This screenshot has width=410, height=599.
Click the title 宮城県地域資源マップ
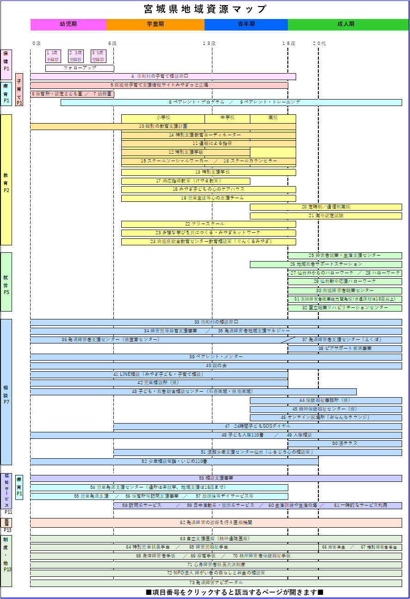click(205, 9)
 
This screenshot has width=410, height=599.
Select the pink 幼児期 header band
click(68, 25)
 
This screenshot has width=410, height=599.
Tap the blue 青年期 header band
click(246, 25)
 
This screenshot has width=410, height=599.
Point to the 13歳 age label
click(209, 44)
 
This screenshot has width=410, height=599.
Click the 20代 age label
click(319, 44)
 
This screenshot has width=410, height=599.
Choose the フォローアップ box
click(80, 68)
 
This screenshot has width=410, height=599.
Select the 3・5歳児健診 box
click(99, 56)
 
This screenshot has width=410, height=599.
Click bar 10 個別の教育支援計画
click(163, 126)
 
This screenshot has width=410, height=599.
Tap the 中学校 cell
click(227, 118)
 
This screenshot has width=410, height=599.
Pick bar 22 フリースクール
click(208, 224)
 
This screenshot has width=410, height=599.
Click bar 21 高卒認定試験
click(326, 216)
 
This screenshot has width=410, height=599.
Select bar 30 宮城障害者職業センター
click(345, 291)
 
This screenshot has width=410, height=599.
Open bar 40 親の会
click(216, 366)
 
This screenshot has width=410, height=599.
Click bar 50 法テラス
click(345, 443)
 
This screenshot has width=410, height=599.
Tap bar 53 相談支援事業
click(216, 478)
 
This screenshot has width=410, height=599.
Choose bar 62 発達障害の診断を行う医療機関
click(216, 523)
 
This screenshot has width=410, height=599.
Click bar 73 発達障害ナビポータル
click(216, 583)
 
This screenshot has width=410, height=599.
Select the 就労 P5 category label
click(6, 281)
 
